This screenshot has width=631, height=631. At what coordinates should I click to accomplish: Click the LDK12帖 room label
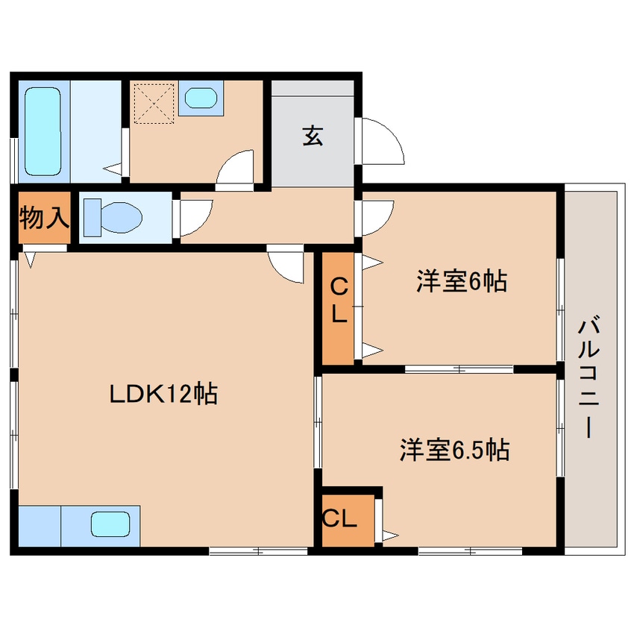click(x=163, y=393)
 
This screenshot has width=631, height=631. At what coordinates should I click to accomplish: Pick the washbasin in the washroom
click(x=200, y=98)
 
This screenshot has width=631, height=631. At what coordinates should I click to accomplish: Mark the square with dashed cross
click(x=155, y=101)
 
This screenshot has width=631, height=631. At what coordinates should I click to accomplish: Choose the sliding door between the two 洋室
click(x=459, y=368)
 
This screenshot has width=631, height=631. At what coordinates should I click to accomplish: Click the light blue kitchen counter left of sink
click(x=40, y=526)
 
